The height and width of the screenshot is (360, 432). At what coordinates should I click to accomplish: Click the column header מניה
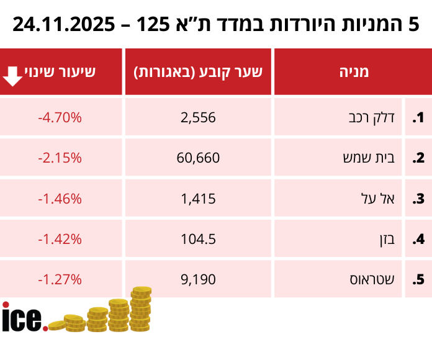(x=353, y=72)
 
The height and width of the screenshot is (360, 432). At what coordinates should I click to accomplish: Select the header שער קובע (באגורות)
(x=199, y=72)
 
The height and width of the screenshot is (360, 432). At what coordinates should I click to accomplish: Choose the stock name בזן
(x=389, y=239)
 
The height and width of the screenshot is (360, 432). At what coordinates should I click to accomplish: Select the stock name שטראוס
(x=371, y=279)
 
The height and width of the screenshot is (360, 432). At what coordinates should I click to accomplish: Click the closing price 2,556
(x=199, y=117)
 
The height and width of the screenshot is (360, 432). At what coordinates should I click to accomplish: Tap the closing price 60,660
(x=199, y=158)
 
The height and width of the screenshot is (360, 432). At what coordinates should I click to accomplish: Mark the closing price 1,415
(x=199, y=199)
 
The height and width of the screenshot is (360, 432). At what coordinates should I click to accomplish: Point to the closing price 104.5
(x=199, y=239)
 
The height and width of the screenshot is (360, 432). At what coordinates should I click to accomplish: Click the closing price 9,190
(x=199, y=279)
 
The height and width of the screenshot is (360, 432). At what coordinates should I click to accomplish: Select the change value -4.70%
(x=60, y=117)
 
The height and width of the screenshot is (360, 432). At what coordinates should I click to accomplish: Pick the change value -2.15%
(x=60, y=158)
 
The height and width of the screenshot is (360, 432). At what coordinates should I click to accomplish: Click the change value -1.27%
(x=60, y=279)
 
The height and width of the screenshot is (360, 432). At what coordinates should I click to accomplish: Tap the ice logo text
(x=24, y=317)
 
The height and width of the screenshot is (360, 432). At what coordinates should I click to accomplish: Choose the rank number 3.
(x=418, y=199)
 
